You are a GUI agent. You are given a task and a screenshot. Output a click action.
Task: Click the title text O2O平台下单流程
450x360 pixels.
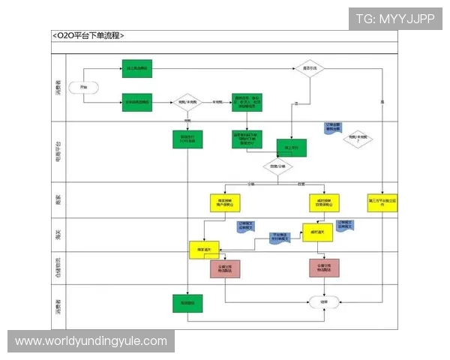point(88,35)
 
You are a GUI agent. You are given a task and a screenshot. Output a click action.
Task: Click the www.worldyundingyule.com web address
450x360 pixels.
point(91,341)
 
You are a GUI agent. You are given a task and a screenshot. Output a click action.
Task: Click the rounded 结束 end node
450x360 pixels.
point(323,301)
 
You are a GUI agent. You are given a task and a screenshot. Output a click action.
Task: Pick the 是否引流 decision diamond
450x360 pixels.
point(307,69)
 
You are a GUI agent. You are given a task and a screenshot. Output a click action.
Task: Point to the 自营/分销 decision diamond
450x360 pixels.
point(277,165)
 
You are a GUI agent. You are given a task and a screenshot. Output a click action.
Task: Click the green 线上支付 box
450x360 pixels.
point(292,148)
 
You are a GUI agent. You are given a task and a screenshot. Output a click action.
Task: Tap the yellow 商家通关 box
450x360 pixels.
point(203,250)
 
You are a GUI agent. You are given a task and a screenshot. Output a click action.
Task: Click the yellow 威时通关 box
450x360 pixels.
point(317,232)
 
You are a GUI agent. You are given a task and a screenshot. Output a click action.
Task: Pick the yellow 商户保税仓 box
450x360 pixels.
point(224,202)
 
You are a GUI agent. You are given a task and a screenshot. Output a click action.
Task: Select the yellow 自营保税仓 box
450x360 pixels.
point(324,202)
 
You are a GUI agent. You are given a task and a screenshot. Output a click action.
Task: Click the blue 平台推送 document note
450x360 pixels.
point(281,238)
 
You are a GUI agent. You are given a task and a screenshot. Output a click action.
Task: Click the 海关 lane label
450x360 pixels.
point(58,235)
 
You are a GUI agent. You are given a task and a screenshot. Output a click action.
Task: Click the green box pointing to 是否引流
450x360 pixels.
point(136,69)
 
